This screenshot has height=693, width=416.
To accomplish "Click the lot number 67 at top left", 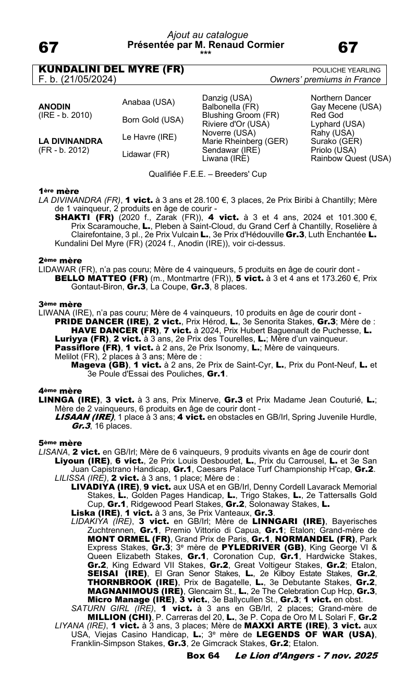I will coord(48,47).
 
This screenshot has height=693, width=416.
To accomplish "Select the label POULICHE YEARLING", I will coord(346,70).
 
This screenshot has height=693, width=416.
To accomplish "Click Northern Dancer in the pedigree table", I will coord(341,98).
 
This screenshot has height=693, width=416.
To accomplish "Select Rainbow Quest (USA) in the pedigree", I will coord(351,159).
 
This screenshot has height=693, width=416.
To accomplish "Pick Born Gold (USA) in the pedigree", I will coord(153,119).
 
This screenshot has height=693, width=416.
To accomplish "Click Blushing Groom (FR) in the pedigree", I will coord(240,115).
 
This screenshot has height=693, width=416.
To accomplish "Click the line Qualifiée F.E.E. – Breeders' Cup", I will coord(207,174).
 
